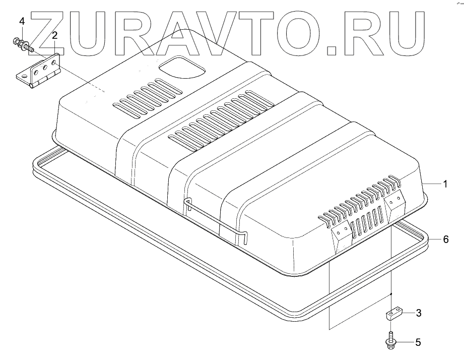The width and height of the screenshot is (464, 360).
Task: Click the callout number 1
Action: click(445, 184)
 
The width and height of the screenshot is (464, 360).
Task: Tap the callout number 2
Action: click(54, 35)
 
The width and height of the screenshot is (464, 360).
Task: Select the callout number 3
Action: click(418, 313)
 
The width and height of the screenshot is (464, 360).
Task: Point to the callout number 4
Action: click(22, 21)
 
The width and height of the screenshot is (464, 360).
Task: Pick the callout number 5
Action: click(418, 343)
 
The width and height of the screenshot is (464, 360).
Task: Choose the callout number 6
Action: click(445, 239)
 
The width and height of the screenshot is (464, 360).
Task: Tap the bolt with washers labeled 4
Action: click(22, 44)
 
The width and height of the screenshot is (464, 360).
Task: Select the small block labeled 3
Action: click(392, 316)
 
